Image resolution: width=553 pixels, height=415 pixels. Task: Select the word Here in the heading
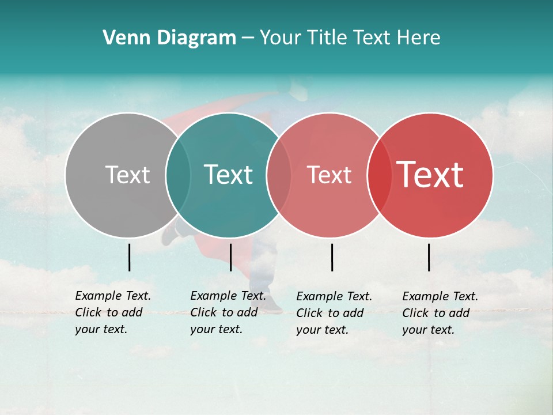coord(419,38)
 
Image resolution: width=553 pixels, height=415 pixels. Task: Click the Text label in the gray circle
coord(127,175)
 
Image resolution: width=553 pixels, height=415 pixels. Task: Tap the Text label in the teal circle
coord(228,175)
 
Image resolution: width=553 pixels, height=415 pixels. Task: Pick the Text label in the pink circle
coord(329,175)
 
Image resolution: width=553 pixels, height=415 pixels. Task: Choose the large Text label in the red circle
coord(430,175)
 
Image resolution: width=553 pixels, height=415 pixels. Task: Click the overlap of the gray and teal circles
coord(178,175)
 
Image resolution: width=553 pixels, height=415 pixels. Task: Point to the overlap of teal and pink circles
coord(279,175)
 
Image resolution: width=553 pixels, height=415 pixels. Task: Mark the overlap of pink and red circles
coord(379,175)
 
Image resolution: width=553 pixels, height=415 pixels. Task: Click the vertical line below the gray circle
coord(130,257)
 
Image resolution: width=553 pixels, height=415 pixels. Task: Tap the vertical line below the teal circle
coord(230,257)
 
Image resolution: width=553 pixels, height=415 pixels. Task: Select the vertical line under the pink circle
coord(332,257)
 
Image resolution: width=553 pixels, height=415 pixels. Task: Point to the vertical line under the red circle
coord(429,257)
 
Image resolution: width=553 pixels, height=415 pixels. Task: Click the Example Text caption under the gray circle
coord(112,312)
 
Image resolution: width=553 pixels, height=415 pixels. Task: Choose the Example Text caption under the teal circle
coord(228,312)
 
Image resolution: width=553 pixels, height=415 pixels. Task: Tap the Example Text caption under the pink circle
coord(334,313)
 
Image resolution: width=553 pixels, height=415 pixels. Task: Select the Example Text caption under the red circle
coord(440,313)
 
